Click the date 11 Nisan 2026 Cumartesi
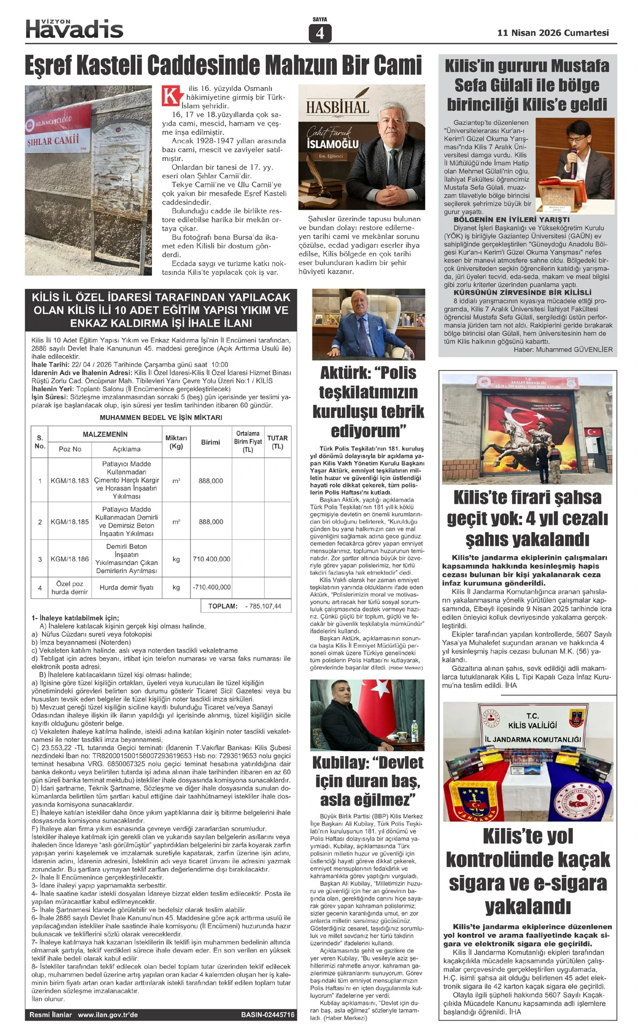(x=553, y=33)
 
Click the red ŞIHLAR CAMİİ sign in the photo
(x=53, y=141)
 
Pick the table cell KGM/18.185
(x=70, y=521)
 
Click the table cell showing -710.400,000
(x=211, y=587)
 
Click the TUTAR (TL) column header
(x=277, y=442)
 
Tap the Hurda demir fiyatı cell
(x=126, y=587)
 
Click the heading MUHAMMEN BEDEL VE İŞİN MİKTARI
(x=160, y=417)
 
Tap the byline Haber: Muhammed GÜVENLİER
(x=563, y=350)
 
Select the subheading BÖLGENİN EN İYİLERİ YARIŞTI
(x=511, y=219)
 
